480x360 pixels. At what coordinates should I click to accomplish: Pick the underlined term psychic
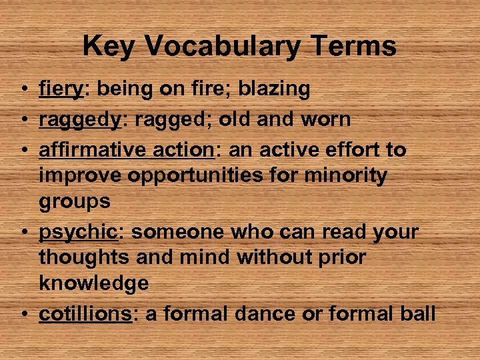click(x=77, y=233)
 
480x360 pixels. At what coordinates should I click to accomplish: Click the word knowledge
click(x=94, y=283)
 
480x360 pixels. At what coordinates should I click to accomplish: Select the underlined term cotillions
click(x=85, y=313)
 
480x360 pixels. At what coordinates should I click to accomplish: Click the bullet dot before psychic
click(x=23, y=233)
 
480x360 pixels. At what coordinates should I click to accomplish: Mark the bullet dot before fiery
click(x=23, y=89)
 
